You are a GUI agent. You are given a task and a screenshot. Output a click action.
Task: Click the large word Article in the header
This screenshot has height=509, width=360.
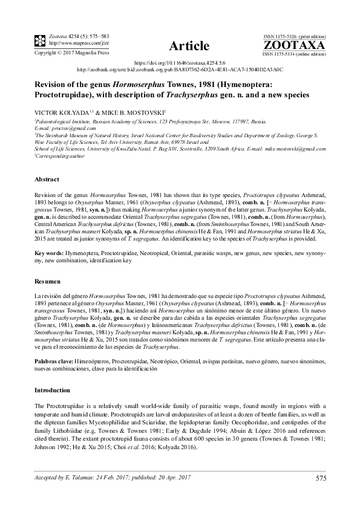click(190, 45)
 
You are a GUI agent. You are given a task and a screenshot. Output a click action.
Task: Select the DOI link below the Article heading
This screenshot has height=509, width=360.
click(179, 62)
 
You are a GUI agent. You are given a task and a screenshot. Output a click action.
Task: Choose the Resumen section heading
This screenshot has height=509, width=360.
click(48, 282)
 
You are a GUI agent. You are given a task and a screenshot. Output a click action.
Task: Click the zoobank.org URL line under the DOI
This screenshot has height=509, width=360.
click(180, 70)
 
